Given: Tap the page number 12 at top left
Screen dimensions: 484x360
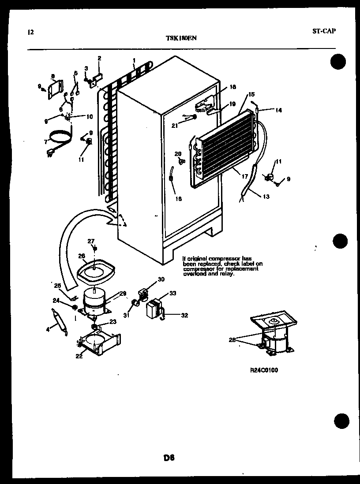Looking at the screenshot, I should pos(30,32).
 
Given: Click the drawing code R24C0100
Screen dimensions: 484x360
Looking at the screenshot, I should pos(263,370).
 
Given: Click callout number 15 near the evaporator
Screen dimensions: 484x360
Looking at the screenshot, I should pos(251,94).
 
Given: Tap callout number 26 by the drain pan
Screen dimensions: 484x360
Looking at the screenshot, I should pos(82,256).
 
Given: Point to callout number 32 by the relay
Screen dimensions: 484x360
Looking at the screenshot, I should pos(185,315).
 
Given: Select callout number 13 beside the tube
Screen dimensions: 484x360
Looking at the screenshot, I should pos(265,197).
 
